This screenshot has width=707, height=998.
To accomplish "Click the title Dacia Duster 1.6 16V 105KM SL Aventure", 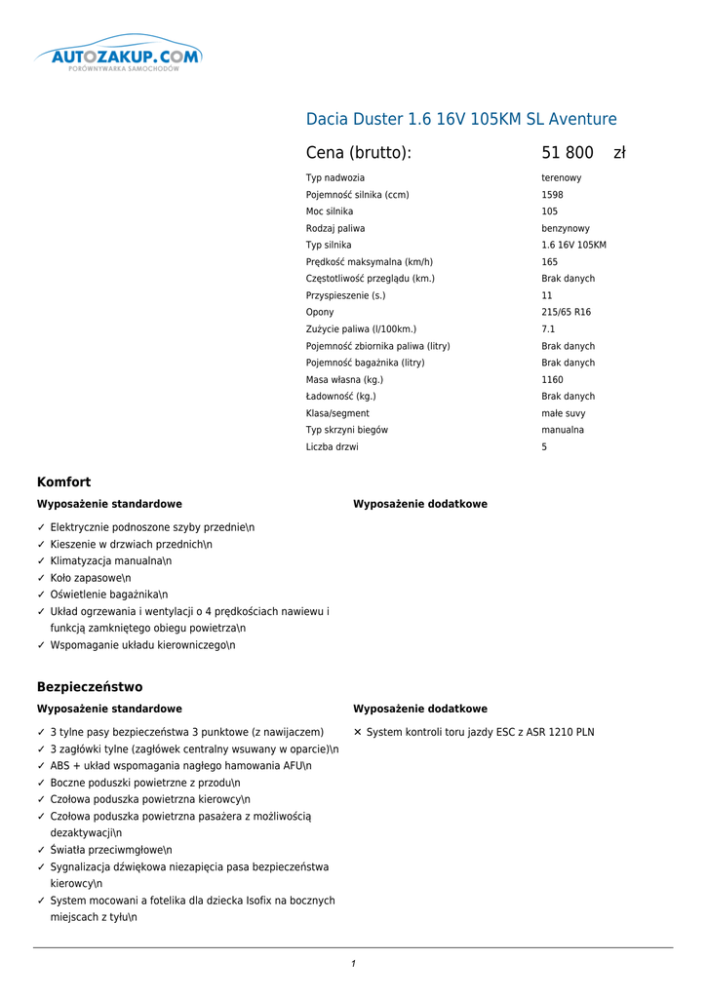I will pos(461,120).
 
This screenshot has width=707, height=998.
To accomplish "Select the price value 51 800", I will pos(568,153).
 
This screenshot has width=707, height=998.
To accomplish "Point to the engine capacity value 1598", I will pos(552,195).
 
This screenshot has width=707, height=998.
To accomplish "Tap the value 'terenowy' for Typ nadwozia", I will pos(562,178).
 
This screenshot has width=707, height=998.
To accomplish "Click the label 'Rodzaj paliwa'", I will pos(335,229).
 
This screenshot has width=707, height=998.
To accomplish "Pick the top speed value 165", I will pos(550,262).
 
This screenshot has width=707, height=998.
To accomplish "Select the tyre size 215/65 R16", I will pos(566,313).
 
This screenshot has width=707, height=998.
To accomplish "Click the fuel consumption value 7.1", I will pos(548,329).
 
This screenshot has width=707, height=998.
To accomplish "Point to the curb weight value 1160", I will pos(552,380).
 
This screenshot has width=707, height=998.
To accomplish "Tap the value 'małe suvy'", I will pos(563,413).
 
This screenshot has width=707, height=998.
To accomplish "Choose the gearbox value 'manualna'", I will pos(563,430).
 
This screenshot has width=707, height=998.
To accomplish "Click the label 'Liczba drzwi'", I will pos(333,447).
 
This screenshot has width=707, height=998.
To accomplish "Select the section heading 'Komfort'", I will pos(63,482).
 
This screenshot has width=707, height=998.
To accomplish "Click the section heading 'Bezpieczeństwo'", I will pos(90,687).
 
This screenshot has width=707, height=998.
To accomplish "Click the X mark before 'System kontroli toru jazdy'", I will pos(358,732).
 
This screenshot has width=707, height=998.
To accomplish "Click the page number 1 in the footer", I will pos(353,964).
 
